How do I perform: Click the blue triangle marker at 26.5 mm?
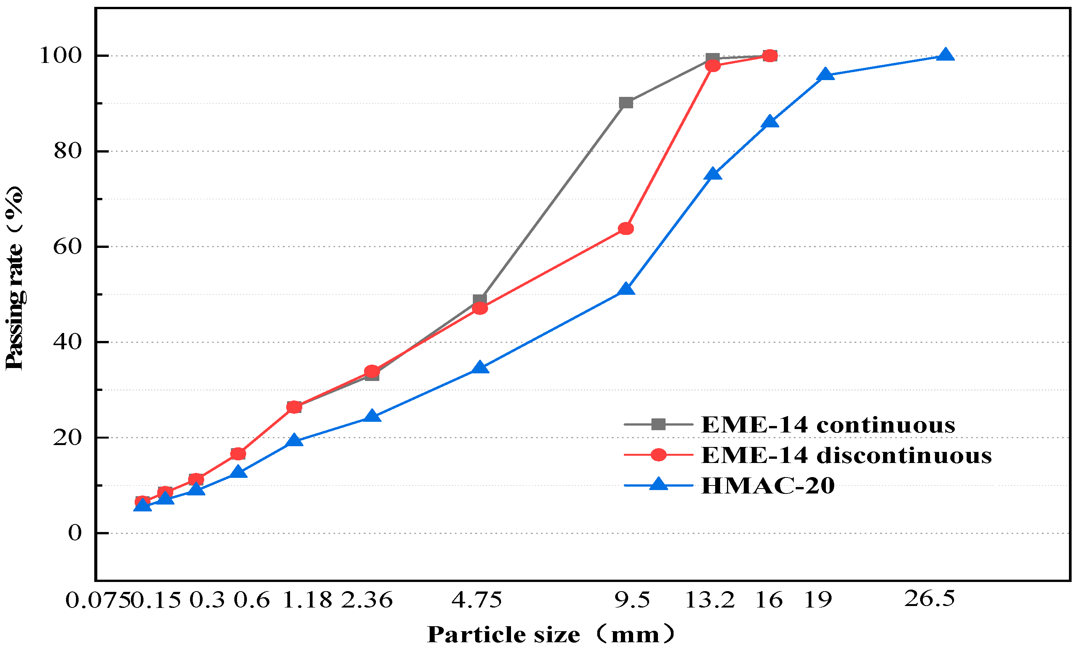[x=945, y=55]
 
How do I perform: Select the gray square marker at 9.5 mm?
[x=626, y=103]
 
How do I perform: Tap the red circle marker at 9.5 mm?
[x=626, y=229]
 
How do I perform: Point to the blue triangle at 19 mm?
[x=825, y=74]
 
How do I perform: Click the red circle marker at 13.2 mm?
[x=713, y=66]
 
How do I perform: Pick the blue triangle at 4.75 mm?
[x=480, y=368]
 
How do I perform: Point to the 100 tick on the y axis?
[x=61, y=56]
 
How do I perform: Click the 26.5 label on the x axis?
[x=929, y=599]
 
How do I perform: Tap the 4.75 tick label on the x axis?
[x=477, y=600]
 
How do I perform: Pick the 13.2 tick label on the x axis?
[x=709, y=600]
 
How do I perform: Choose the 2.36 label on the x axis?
[x=367, y=600]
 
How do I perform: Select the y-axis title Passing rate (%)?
[x=14, y=278]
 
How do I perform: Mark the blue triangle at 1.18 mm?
[x=294, y=440]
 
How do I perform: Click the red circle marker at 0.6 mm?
[x=238, y=453]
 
